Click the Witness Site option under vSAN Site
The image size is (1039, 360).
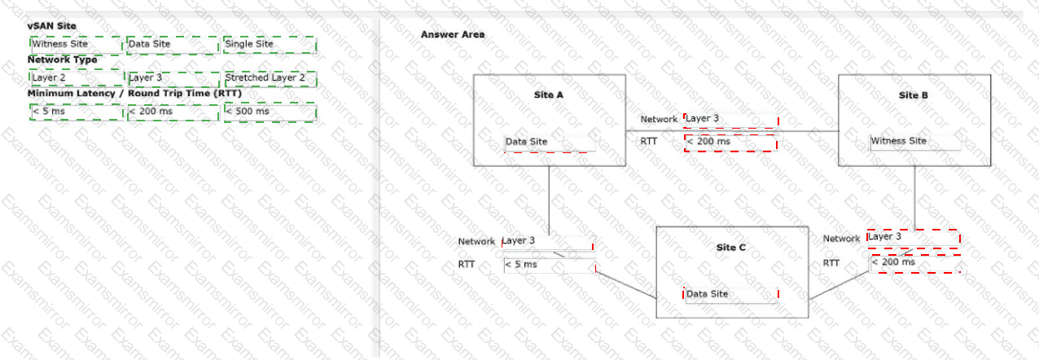(76, 45)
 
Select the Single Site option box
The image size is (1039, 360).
(270, 45)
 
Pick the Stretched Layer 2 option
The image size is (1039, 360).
(270, 78)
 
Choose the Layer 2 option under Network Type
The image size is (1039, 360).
(77, 78)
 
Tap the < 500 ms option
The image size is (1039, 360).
(270, 112)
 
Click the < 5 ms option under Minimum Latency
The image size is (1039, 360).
(77, 112)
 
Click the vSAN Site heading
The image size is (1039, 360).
(52, 26)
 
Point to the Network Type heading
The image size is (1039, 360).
(63, 59)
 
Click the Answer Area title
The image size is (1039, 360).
(453, 34)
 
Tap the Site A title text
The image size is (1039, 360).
(549, 94)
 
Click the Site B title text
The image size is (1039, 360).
(914, 95)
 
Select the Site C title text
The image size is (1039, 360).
(731, 248)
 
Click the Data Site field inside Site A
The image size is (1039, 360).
(550, 143)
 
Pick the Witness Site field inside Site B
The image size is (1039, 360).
(914, 142)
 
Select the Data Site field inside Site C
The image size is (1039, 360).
(730, 294)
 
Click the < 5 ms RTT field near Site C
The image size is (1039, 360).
(549, 265)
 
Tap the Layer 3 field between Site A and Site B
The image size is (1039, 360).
(731, 119)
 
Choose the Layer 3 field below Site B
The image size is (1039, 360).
(914, 238)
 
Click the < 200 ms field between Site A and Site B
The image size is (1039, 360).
(731, 143)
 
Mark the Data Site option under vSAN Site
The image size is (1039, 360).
(173, 45)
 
